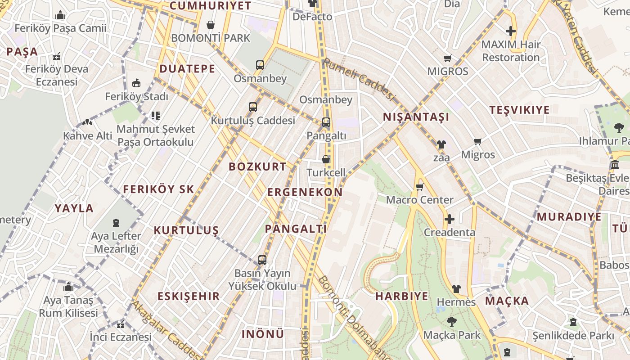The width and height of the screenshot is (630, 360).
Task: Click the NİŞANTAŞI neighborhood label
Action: (x=416, y=117)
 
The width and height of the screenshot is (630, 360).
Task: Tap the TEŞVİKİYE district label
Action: (x=519, y=110)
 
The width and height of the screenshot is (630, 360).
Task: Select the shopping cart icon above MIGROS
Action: (x=447, y=58)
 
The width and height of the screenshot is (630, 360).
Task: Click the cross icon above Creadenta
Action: (x=449, y=219)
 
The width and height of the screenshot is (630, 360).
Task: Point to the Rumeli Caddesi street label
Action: (x=359, y=80)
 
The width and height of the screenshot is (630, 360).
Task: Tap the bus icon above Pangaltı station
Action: (x=326, y=122)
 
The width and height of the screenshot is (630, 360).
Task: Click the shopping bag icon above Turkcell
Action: (x=326, y=159)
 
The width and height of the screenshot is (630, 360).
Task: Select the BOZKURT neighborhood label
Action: (x=257, y=166)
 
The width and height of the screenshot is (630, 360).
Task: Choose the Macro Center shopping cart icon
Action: (x=420, y=187)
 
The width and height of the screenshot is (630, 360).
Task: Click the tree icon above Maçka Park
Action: (x=452, y=322)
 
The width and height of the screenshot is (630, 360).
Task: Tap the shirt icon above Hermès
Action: (x=456, y=288)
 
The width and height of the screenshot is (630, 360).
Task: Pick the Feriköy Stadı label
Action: (x=136, y=97)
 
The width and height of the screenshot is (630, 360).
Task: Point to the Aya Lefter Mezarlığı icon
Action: (x=116, y=222)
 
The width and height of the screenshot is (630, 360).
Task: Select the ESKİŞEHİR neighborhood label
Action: (x=189, y=296)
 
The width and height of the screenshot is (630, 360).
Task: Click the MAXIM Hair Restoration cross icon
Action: (x=510, y=31)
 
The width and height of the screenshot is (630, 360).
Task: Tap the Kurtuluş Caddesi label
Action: (x=253, y=121)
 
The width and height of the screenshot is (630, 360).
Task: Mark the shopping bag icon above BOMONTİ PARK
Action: (x=210, y=25)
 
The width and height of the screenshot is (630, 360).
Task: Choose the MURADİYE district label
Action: (x=569, y=217)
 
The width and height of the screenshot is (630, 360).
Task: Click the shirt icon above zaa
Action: (x=441, y=144)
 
